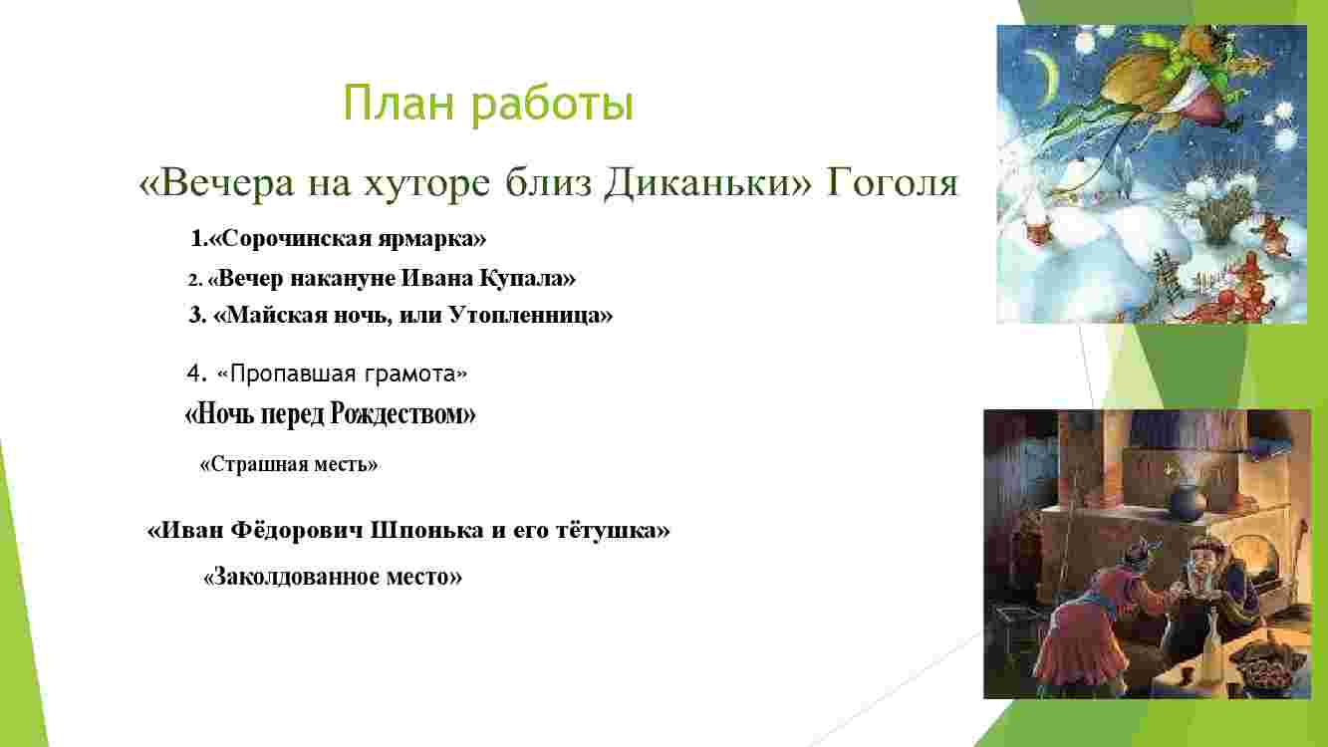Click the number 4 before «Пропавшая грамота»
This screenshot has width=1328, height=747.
tap(193, 373)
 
